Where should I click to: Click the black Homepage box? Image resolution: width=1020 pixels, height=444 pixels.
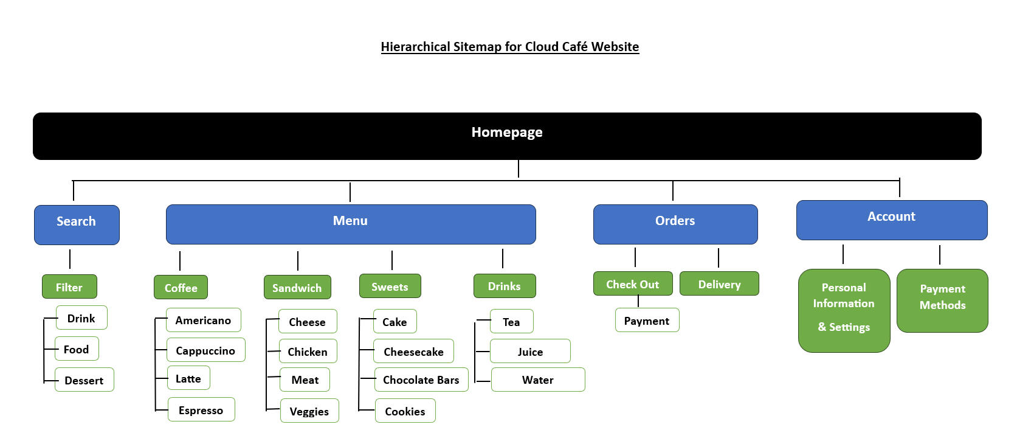(x=507, y=136)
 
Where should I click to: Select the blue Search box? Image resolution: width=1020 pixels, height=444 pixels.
(x=77, y=224)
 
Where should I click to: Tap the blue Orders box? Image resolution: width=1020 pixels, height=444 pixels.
(x=675, y=224)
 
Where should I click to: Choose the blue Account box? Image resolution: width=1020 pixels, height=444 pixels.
(x=891, y=220)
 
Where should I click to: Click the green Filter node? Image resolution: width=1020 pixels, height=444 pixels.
(x=69, y=286)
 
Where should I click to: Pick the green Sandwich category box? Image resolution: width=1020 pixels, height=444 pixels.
(x=297, y=287)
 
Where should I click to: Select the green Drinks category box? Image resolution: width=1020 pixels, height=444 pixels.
(x=505, y=286)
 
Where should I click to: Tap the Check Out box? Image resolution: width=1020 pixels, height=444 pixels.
(x=633, y=283)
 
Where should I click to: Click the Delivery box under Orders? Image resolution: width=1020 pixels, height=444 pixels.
(x=719, y=283)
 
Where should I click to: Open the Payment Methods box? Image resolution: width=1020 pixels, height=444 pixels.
(x=942, y=300)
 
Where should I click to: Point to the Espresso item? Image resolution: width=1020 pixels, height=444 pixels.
(x=201, y=409)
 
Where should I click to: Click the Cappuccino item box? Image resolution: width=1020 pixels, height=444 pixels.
(x=205, y=350)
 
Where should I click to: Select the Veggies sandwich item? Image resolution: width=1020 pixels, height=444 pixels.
(x=309, y=411)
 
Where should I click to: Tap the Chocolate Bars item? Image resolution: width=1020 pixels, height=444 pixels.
(x=421, y=379)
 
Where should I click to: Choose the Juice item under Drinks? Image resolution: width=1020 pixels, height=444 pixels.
(x=530, y=351)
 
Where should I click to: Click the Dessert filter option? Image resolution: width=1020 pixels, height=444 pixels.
(x=84, y=380)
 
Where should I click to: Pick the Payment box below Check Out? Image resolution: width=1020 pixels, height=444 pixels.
(x=647, y=320)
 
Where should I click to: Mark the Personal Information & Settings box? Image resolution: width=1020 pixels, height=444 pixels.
(x=844, y=310)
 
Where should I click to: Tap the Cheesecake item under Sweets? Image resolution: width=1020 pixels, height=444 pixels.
(x=413, y=351)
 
